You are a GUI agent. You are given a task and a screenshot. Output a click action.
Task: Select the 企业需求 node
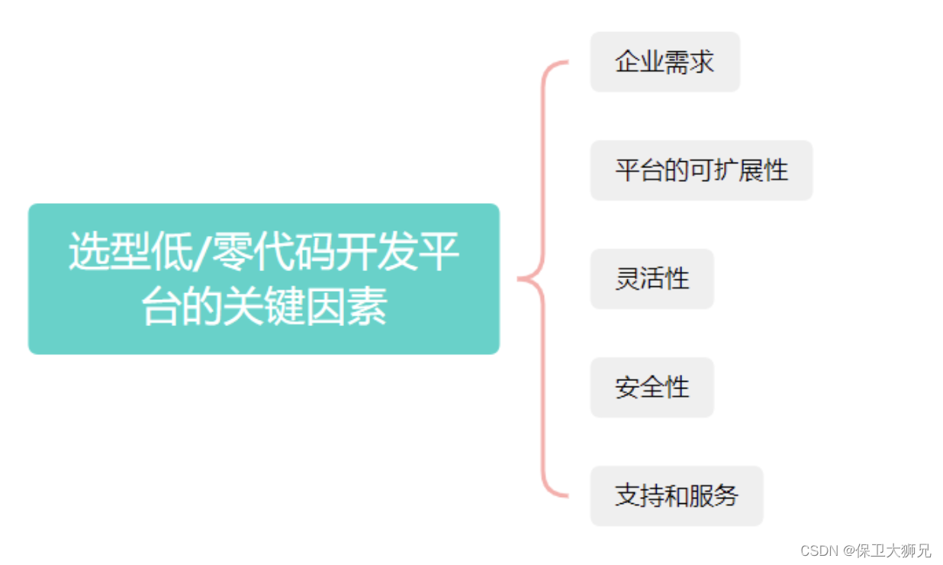[665, 62]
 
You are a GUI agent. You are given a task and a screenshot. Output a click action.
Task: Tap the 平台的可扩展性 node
[701, 170]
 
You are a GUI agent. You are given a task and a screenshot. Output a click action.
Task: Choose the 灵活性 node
[652, 279]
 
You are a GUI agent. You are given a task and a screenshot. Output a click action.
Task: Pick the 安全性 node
[652, 387]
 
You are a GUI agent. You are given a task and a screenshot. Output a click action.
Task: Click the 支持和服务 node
[676, 496]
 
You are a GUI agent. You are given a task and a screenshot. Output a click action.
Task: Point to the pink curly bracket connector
[544, 279]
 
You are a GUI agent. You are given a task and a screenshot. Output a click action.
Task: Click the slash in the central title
[201, 253]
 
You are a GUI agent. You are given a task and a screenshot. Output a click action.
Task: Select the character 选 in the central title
[86, 253]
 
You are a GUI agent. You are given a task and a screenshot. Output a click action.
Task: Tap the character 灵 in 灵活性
[627, 279]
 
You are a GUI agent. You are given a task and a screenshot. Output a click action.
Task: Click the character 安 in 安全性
[627, 387]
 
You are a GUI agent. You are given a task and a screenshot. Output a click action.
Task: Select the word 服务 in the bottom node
[714, 496]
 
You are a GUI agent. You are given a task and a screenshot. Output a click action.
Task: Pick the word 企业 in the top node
[639, 62]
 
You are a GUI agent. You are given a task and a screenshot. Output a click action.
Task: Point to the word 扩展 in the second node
[726, 170]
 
